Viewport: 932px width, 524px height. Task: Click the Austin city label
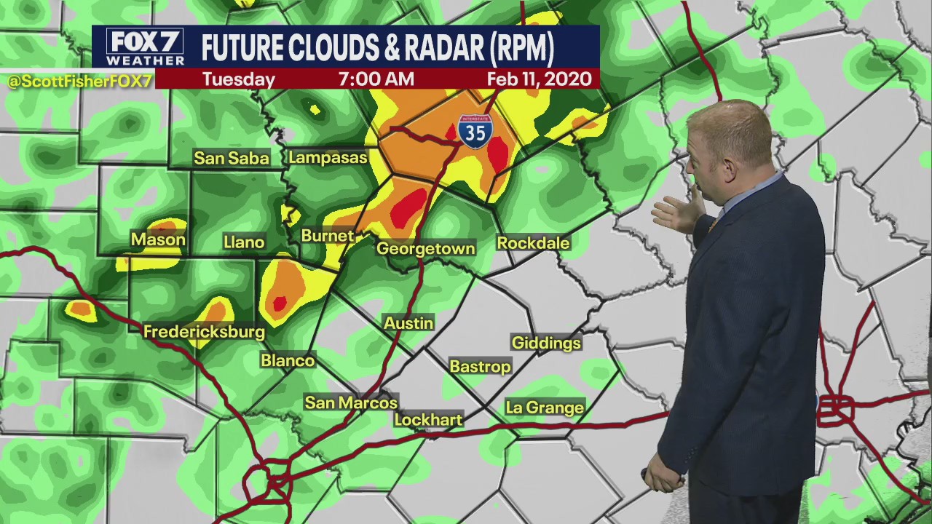point(408,323)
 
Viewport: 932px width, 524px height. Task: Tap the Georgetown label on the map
point(425,249)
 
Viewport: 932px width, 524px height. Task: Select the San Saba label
point(232,158)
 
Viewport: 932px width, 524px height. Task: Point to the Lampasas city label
point(328,157)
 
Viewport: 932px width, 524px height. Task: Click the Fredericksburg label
point(204,332)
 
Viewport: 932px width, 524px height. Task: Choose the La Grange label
point(545,408)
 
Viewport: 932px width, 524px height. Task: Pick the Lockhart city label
point(428,420)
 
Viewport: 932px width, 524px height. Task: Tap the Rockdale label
point(533,243)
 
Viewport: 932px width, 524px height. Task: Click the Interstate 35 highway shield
point(475,131)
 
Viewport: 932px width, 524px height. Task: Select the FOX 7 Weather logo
point(145,47)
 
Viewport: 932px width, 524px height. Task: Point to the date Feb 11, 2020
point(539,79)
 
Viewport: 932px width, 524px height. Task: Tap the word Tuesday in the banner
point(238,79)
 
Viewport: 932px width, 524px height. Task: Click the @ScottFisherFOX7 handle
point(79,81)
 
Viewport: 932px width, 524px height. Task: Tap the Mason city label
point(158,239)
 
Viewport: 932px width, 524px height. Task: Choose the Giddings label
point(546,343)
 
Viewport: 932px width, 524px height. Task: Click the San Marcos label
point(351,402)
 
